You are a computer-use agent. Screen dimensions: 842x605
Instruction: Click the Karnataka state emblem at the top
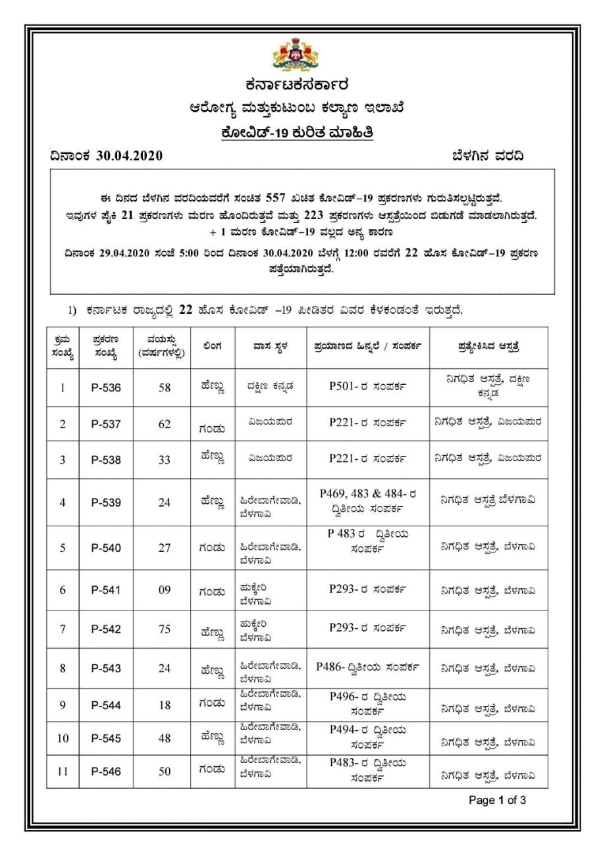(296, 54)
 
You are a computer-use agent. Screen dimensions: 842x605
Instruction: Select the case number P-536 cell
(106, 388)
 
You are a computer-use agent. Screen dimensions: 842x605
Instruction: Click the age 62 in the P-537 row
(165, 424)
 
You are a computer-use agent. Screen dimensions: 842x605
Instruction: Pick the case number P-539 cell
(106, 503)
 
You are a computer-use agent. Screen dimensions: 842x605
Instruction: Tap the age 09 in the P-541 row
(165, 590)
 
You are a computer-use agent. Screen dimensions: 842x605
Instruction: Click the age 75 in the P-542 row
(165, 630)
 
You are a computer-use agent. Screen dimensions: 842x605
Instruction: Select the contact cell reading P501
(368, 386)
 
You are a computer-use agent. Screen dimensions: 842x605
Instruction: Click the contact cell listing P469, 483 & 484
(368, 501)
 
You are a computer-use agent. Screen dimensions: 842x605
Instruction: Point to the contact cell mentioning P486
(368, 666)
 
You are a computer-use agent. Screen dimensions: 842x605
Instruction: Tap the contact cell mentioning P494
(368, 737)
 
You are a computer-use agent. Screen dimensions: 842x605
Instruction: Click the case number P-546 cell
(106, 772)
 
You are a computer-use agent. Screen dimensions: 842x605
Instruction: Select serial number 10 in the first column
(63, 739)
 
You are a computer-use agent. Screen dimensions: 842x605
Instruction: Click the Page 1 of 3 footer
(497, 801)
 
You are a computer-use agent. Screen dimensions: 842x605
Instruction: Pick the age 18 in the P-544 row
(165, 706)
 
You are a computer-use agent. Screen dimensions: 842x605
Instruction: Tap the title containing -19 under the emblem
(297, 133)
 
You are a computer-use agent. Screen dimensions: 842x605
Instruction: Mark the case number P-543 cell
(106, 668)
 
